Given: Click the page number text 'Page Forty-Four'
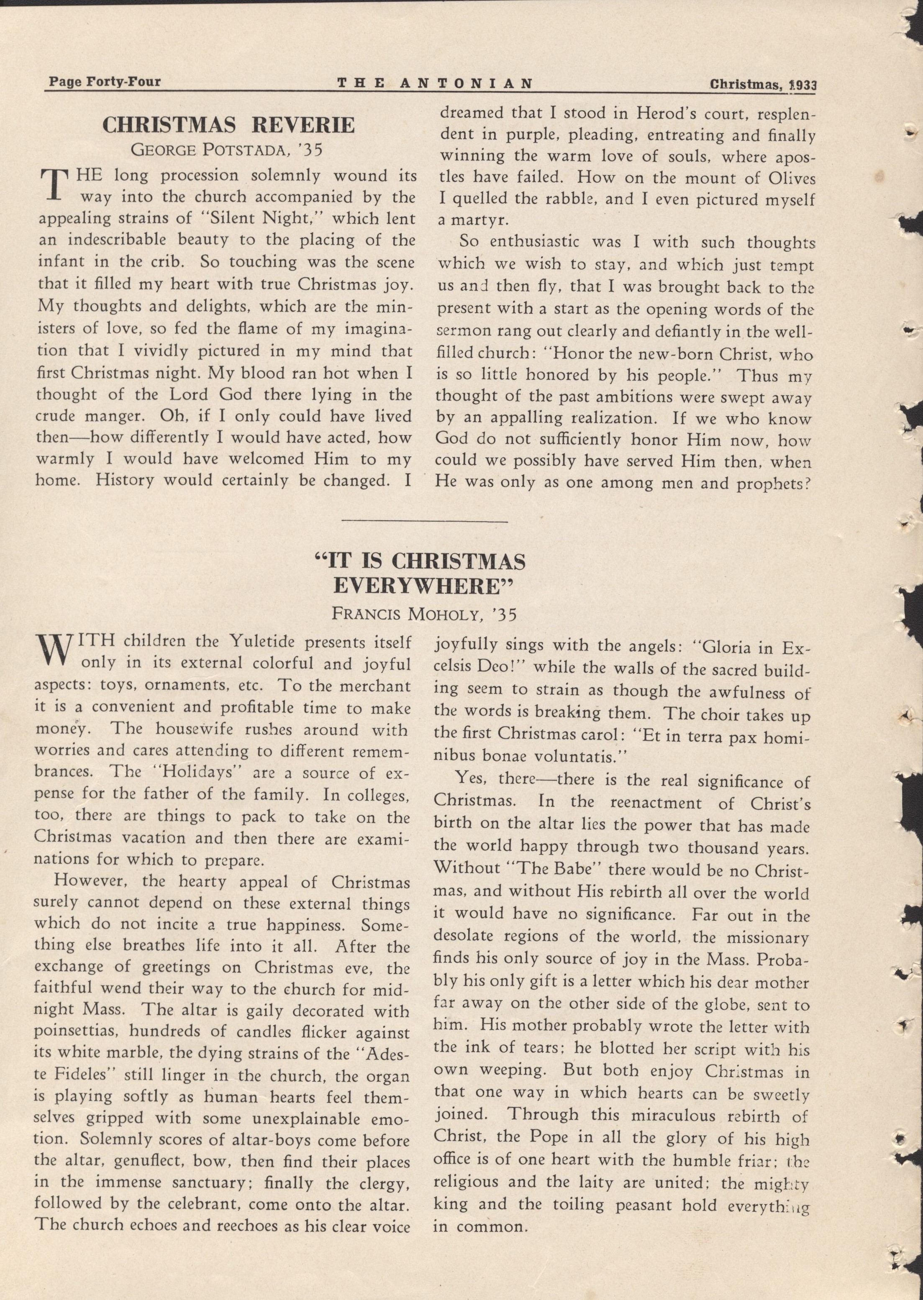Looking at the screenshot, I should click(x=105, y=82).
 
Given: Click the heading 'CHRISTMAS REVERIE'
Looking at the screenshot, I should click(x=228, y=125).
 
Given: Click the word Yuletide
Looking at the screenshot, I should click(x=263, y=642).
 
